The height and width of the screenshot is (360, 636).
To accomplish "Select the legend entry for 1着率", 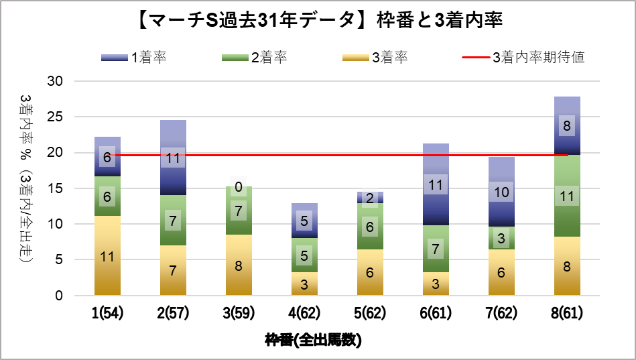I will coord(133,58).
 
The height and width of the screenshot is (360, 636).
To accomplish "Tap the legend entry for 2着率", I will coord(254,58).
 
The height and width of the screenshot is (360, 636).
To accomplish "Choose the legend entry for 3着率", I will coord(375,58).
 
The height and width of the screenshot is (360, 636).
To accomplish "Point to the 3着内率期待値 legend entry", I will coord(523,58).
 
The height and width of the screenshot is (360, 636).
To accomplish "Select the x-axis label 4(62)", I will coord(304,313).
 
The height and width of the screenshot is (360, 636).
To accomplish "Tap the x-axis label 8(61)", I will coord(567,313).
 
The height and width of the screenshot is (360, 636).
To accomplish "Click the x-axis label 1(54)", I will coord(108,313).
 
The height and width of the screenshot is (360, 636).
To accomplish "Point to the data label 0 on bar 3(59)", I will coord(239,188).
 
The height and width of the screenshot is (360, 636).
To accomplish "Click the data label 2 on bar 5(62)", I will coord(371,198).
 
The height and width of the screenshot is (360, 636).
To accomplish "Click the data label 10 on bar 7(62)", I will coord(501,192).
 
